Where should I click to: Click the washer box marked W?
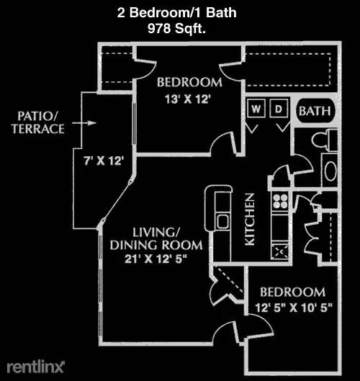[x=256, y=108]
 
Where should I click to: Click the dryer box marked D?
[x=279, y=108]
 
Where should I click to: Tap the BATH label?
[x=315, y=112]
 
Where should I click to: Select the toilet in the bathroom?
[x=325, y=140]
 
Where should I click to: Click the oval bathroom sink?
[x=330, y=171]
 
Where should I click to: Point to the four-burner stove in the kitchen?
[x=280, y=201]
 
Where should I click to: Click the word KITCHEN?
[x=250, y=219]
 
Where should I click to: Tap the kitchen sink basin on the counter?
[x=222, y=222]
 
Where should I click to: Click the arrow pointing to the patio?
[x=84, y=123]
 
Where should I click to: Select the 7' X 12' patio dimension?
[x=104, y=161]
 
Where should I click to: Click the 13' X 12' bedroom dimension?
[x=187, y=99]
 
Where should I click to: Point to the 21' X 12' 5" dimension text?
[x=156, y=259]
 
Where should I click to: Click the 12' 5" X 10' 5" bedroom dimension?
[x=294, y=308]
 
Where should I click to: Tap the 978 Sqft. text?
[x=176, y=28]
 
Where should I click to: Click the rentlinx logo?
[x=35, y=367]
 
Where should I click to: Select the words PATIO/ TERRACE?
[x=38, y=122]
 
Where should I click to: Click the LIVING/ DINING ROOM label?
[x=156, y=238]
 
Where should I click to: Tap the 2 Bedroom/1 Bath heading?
[x=176, y=13]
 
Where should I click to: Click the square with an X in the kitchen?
[x=280, y=252]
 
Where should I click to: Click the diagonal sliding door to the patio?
[x=117, y=200]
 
